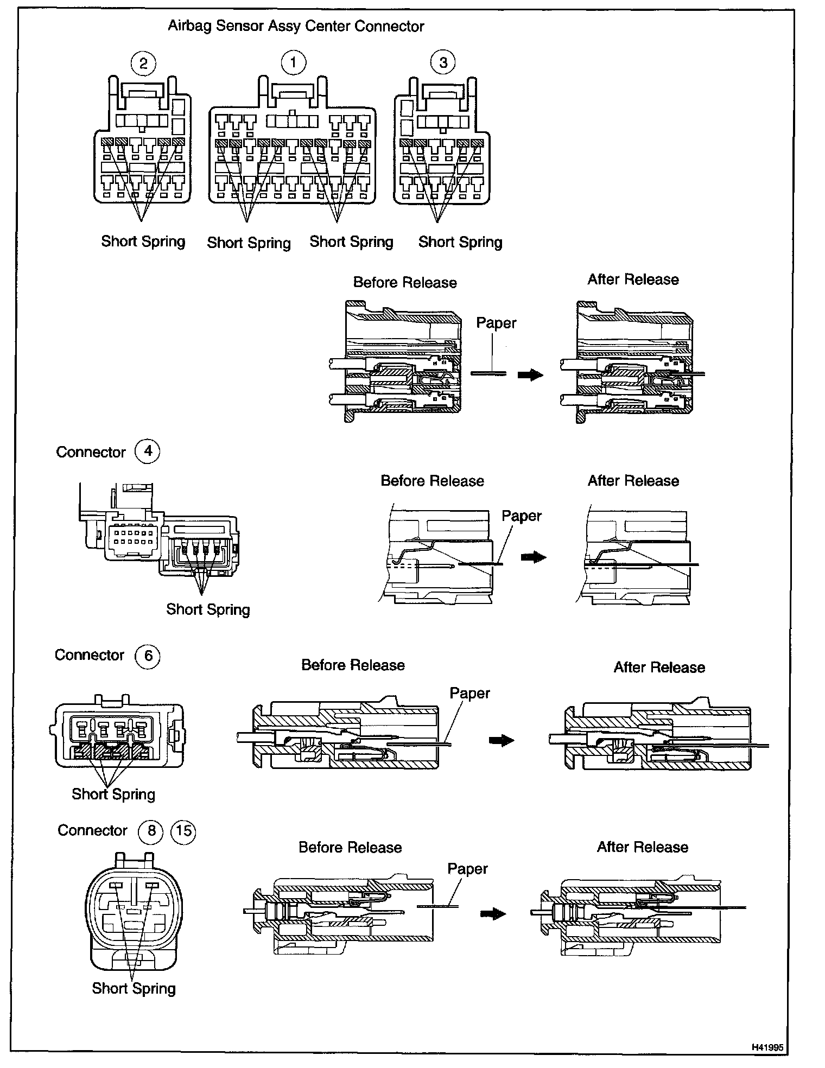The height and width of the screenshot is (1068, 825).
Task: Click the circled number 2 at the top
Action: (143, 63)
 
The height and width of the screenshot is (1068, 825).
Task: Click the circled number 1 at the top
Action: (293, 62)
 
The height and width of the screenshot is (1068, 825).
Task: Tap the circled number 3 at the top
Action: (443, 62)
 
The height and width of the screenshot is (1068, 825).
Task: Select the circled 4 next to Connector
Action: (148, 451)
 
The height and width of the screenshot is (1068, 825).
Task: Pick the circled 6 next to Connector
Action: (148, 656)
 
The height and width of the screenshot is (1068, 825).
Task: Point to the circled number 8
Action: (151, 831)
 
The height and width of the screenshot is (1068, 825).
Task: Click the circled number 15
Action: (183, 831)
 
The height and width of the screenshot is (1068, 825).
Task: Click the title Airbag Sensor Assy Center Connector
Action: (296, 26)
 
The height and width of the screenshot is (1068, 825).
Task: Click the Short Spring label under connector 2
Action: (143, 241)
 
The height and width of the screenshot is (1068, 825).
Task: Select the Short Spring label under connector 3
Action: (460, 242)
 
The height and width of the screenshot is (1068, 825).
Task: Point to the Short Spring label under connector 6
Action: (113, 794)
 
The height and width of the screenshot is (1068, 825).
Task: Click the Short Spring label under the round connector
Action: (134, 988)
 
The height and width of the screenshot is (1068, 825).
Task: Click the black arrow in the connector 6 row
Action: (502, 740)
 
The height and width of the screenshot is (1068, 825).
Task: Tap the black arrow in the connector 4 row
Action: (533, 557)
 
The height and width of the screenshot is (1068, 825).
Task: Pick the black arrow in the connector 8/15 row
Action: (493, 914)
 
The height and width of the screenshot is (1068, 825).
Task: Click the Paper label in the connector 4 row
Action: (522, 516)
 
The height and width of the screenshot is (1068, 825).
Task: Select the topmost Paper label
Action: (496, 323)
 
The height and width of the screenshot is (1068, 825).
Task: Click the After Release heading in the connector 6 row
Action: (659, 667)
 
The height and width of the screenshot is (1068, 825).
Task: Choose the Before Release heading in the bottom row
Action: (350, 847)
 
